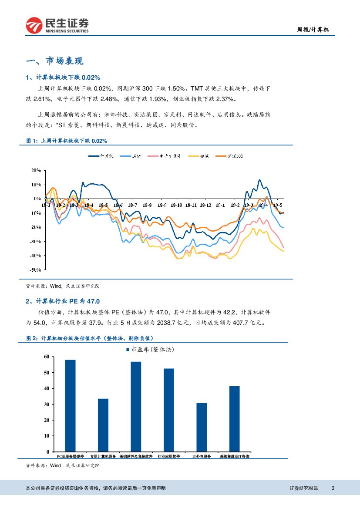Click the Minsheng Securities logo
pos(57,26)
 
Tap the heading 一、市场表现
pos(54,61)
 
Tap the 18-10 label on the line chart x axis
pos(176,205)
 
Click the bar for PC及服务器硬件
pos(70,406)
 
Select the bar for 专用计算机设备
pos(103,425)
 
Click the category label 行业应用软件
pos(169,456)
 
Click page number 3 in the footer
pos(333,488)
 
